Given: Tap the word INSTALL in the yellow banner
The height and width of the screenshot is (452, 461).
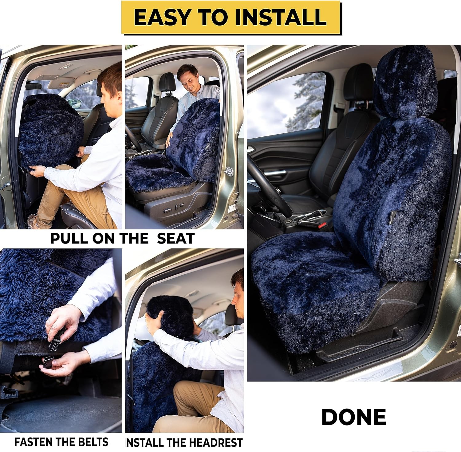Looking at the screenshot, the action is [x=281, y=17].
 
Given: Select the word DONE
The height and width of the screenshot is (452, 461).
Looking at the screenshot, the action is [x=354, y=417].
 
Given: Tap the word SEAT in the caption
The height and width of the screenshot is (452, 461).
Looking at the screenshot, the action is [x=176, y=239].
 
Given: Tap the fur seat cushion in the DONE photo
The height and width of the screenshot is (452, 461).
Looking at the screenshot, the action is [x=310, y=283].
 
